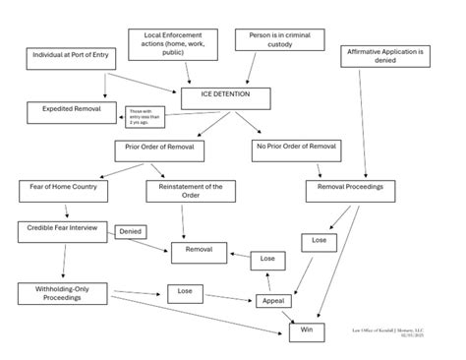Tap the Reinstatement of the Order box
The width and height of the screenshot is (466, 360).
click(190, 191)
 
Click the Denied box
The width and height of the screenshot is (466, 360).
click(131, 232)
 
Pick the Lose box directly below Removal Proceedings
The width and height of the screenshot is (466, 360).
click(319, 240)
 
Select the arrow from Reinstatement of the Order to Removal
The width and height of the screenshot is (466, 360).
click(187, 222)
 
